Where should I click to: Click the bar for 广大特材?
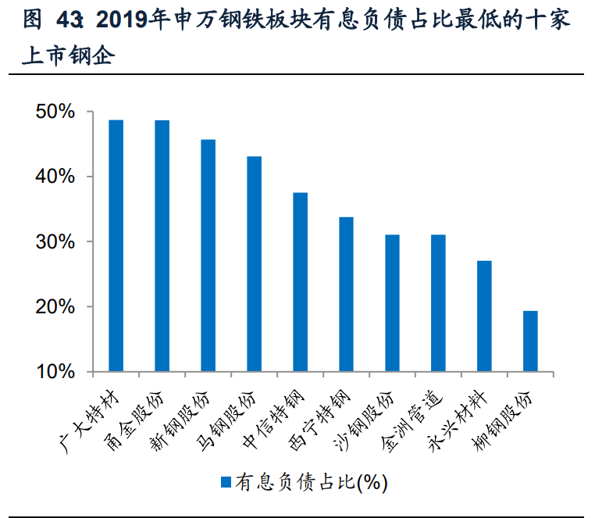[x=116, y=245]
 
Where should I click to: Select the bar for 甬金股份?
[x=162, y=245]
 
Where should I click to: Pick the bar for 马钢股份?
[x=255, y=264]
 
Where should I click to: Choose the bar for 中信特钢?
[x=301, y=282]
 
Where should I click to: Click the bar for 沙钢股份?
[x=392, y=303]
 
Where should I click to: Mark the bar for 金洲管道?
[x=438, y=303]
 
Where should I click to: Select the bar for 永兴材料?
[x=484, y=316]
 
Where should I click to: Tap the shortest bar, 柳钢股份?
[x=530, y=341]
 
